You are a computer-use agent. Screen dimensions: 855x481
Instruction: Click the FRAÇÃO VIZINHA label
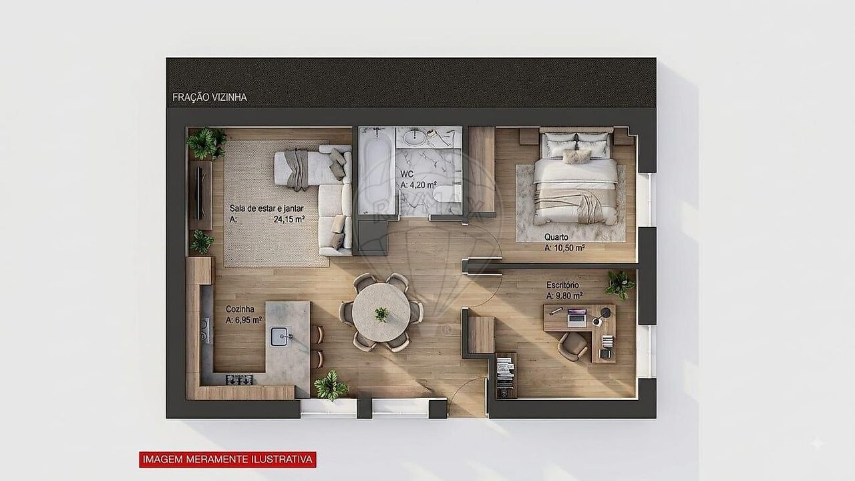[210, 98]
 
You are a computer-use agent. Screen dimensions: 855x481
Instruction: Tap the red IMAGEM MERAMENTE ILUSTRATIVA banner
[228, 459]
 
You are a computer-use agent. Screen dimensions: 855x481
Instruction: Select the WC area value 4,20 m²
[419, 185]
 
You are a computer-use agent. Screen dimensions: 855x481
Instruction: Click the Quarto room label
[556, 237]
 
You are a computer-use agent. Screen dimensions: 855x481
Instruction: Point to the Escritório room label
[562, 285]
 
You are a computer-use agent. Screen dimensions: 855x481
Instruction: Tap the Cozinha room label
[240, 309]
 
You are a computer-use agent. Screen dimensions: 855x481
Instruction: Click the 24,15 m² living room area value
[289, 220]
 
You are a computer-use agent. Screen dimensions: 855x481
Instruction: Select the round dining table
[381, 313]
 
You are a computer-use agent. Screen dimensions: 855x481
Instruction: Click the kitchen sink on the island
[281, 336]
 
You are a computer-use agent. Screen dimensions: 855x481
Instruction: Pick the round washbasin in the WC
[414, 138]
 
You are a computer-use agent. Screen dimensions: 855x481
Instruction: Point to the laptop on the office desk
[576, 317]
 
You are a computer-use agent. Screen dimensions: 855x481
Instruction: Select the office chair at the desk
[572, 346]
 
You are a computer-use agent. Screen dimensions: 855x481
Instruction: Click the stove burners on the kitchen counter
[239, 379]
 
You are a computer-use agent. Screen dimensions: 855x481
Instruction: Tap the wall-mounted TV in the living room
[200, 193]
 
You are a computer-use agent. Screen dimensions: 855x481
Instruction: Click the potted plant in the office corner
[620, 285]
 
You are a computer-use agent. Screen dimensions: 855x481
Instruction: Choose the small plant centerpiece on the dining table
[381, 314]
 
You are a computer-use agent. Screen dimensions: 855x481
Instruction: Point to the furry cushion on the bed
[576, 156]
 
